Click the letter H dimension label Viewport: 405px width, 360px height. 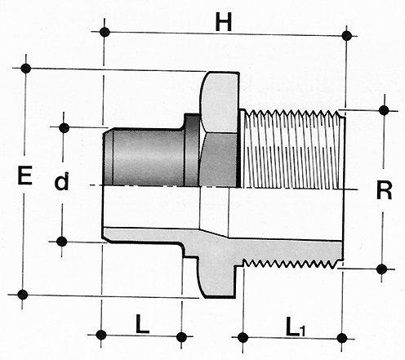224,22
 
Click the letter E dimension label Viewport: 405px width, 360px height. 24,176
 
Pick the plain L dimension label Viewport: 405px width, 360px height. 142,324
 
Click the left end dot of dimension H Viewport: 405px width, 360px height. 105,32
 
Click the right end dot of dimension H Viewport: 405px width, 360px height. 346,36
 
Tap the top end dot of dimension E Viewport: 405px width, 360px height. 26,69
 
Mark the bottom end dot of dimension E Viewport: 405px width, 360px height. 23,295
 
